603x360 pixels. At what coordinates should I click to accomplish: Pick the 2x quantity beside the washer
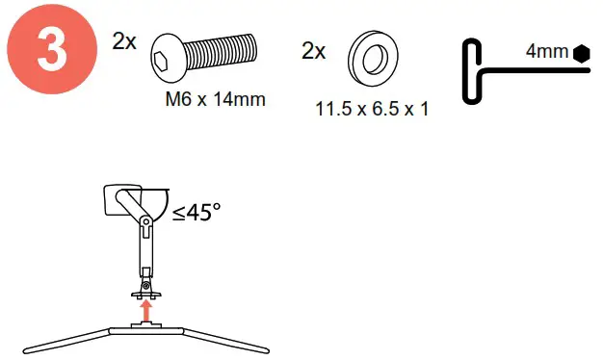tap(313, 50)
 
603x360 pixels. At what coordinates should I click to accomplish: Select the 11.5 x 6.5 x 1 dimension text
tap(372, 109)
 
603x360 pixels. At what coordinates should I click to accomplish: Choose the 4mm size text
tap(547, 52)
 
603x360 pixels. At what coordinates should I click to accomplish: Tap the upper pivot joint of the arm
tap(144, 222)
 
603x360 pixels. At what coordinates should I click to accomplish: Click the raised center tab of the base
tap(145, 325)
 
